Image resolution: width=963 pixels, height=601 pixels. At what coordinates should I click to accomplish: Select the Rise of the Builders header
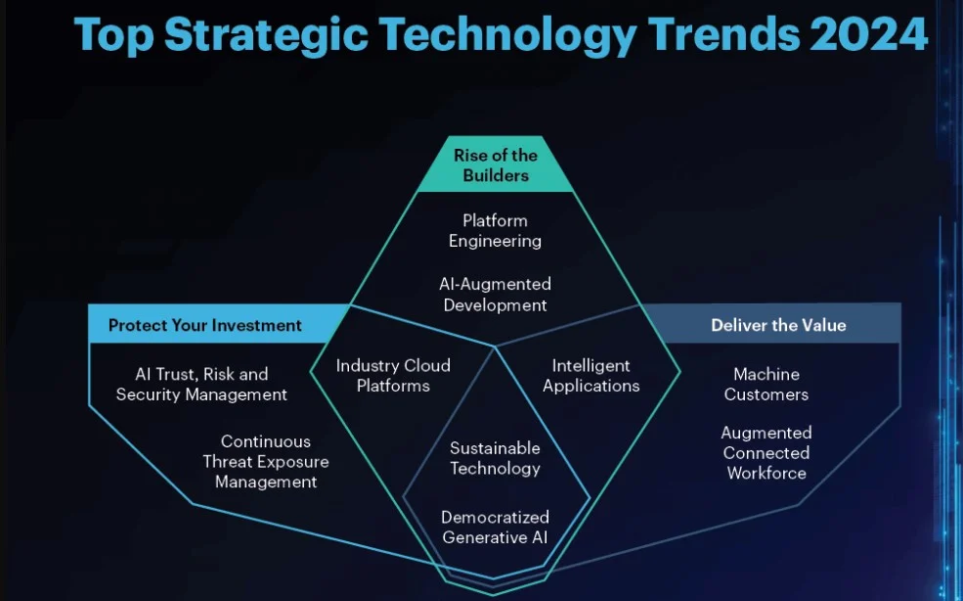pos(496,165)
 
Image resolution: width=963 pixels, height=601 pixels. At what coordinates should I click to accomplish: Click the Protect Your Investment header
pos(204,325)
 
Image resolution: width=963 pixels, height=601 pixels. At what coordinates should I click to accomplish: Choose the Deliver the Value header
pos(779,325)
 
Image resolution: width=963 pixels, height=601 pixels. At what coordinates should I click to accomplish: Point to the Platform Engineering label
pos(495,231)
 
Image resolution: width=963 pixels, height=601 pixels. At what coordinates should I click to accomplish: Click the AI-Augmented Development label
pos(495,295)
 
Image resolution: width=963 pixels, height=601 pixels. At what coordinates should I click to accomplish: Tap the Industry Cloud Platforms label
pos(393,375)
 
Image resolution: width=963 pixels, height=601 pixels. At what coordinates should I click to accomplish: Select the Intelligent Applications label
pos(591,375)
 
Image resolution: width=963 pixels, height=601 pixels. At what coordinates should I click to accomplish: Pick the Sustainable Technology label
pos(495,458)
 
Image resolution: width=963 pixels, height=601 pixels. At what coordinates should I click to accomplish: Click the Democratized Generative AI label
pos(495,528)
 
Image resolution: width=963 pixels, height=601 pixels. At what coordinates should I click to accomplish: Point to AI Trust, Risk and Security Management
pos(201,384)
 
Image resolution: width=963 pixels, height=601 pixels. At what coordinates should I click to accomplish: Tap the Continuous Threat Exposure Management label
pos(266,461)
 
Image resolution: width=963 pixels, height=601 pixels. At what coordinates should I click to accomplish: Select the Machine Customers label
pos(766,384)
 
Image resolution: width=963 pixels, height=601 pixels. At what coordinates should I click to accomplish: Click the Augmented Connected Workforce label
pos(766,453)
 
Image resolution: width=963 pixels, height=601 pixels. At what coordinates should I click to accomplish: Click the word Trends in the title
pos(723,34)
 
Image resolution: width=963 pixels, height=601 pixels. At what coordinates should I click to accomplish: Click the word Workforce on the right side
pos(766,473)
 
